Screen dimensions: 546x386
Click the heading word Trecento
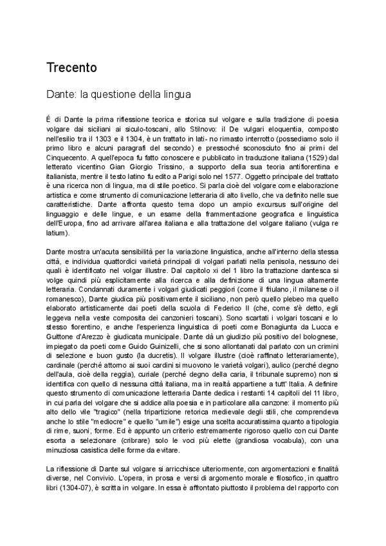pos(71,68)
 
